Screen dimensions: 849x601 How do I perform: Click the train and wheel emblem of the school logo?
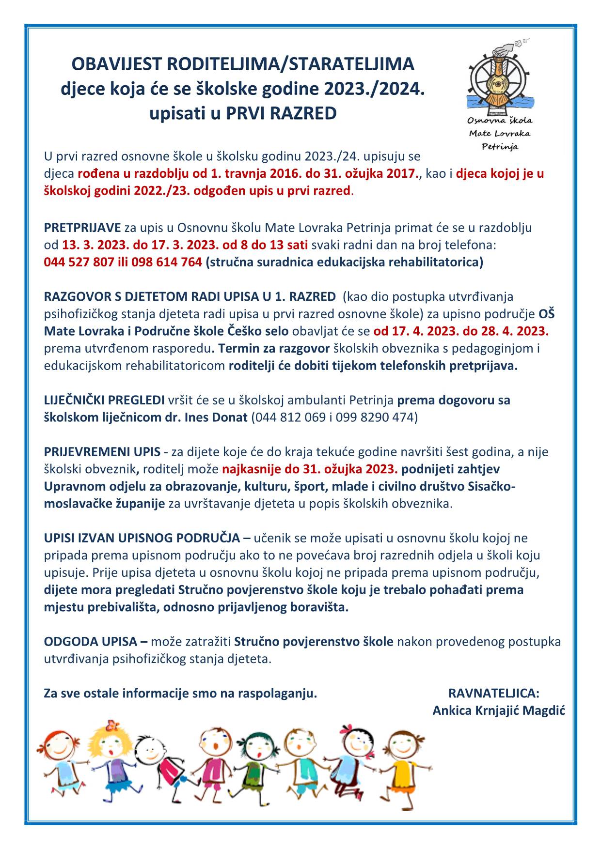499,77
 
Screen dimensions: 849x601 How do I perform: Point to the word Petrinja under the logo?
500,146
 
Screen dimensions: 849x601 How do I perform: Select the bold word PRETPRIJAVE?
82,228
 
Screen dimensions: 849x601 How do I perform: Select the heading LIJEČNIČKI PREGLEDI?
104,400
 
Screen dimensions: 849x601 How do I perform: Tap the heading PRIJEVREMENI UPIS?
102,452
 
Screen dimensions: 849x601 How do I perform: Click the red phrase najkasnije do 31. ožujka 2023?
310,469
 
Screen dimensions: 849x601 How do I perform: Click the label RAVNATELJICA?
494,693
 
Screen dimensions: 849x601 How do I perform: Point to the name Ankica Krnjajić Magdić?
499,710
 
